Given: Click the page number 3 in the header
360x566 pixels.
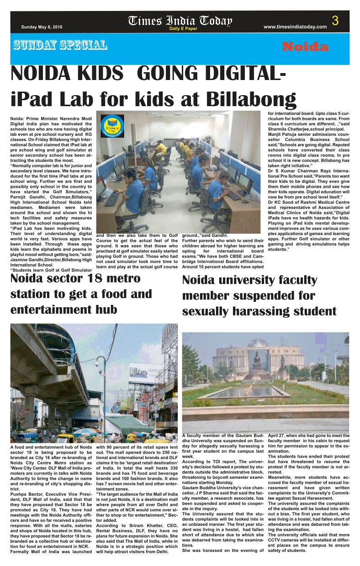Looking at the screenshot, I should click(x=335, y=21).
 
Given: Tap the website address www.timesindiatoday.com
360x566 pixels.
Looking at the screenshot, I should click(x=295, y=27).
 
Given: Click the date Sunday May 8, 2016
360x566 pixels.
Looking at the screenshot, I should click(x=42, y=27).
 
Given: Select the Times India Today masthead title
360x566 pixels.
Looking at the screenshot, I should click(x=180, y=21).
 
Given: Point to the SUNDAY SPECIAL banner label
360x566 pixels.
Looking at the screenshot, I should click(x=60, y=45).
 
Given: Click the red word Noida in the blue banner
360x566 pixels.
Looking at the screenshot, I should click(x=305, y=47).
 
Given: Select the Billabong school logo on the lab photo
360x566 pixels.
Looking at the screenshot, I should click(x=112, y=126).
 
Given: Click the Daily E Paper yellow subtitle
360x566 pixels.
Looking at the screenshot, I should click(x=183, y=29).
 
